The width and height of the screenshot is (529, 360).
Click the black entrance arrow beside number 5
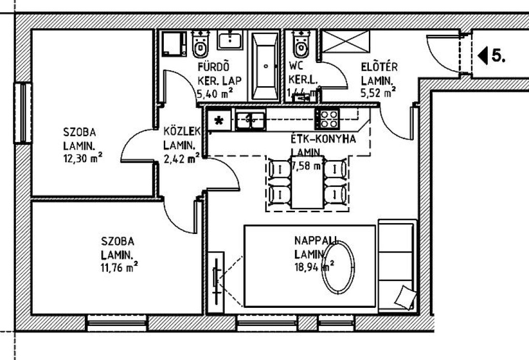[483, 55]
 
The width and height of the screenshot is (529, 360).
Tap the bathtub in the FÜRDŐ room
[266, 66]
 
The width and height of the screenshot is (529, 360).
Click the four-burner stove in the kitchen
[326, 119]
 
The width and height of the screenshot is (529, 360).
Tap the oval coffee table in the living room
[338, 267]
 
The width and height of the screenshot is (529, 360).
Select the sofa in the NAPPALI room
[397, 266]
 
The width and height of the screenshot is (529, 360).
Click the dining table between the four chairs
[307, 181]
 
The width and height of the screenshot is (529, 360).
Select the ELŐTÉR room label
[379, 67]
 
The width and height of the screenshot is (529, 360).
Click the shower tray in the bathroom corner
[174, 43]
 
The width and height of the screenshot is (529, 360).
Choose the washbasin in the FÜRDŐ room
[230, 40]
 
